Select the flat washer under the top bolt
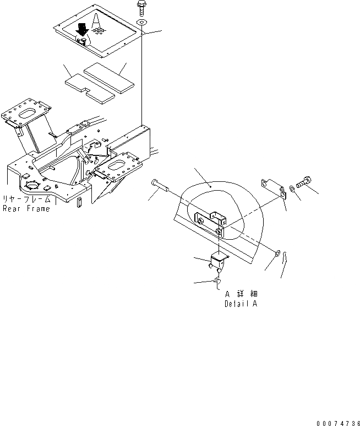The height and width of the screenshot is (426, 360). (142, 22)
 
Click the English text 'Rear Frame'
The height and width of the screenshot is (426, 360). (27, 209)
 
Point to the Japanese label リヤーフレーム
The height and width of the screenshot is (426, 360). (27, 199)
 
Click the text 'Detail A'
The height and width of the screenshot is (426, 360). (241, 304)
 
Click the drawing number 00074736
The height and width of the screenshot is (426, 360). (337, 422)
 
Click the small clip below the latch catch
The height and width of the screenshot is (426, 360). (217, 283)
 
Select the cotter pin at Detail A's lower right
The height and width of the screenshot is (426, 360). (283, 267)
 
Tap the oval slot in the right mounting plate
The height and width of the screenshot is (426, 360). (118, 166)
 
